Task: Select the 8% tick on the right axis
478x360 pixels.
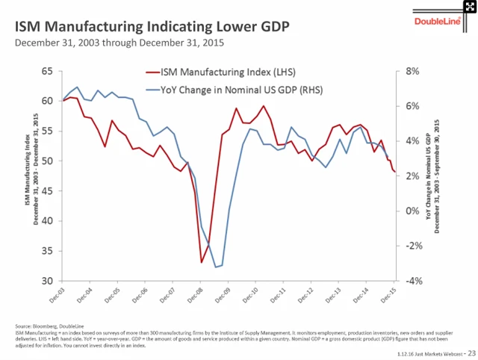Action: coord(414,71)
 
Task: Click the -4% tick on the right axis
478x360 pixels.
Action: coord(414,281)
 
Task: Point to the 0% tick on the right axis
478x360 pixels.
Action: coord(414,211)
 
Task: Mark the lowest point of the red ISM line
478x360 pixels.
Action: coord(202,262)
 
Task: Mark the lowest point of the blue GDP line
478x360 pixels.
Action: coord(216,267)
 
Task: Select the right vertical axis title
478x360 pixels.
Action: coord(432,176)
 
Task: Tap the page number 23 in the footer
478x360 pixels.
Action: coord(471,351)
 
